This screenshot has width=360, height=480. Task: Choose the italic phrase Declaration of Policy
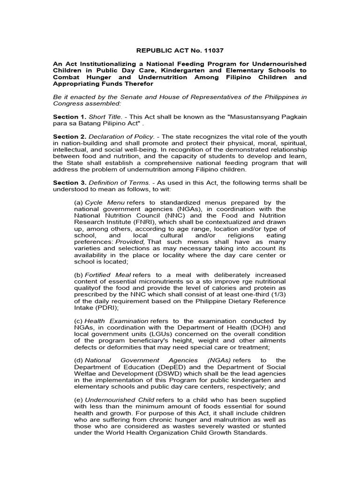pos(122,136)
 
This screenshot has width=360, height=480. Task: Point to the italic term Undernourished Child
pos(115,399)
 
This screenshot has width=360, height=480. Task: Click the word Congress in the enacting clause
pos(70,103)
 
